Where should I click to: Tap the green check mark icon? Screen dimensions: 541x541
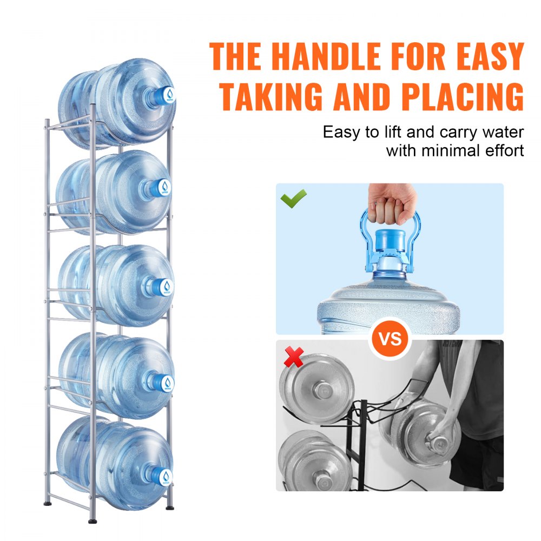(x=293, y=198)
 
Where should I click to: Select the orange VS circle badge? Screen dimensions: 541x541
(x=390, y=339)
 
